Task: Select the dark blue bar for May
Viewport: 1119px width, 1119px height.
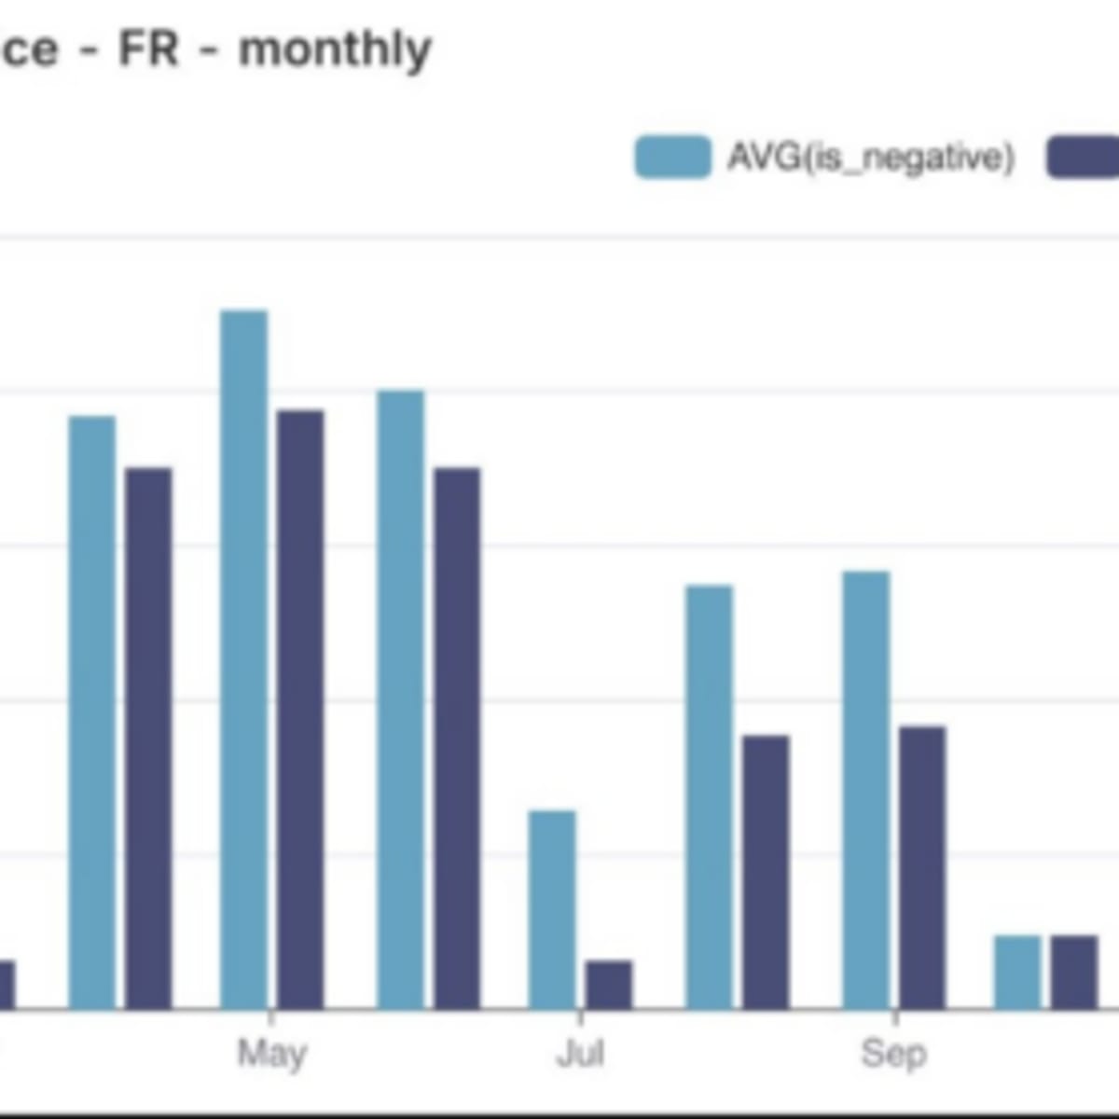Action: point(300,709)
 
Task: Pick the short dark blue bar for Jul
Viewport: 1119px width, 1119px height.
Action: point(609,985)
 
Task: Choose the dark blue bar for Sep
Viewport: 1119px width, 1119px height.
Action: point(922,867)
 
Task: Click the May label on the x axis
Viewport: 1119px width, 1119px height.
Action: point(271,1054)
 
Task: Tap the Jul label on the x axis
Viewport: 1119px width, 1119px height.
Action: point(580,1054)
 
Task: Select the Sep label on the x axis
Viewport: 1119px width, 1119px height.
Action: point(893,1054)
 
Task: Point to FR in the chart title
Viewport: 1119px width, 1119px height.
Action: point(148,48)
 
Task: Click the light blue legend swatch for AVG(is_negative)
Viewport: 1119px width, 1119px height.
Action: point(672,157)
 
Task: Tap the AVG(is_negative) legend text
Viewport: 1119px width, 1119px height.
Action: point(870,157)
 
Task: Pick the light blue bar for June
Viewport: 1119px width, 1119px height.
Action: point(401,699)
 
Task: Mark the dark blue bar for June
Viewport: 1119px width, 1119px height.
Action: point(458,738)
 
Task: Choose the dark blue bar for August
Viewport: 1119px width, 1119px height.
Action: point(766,872)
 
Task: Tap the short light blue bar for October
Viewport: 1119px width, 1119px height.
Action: point(1017,972)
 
